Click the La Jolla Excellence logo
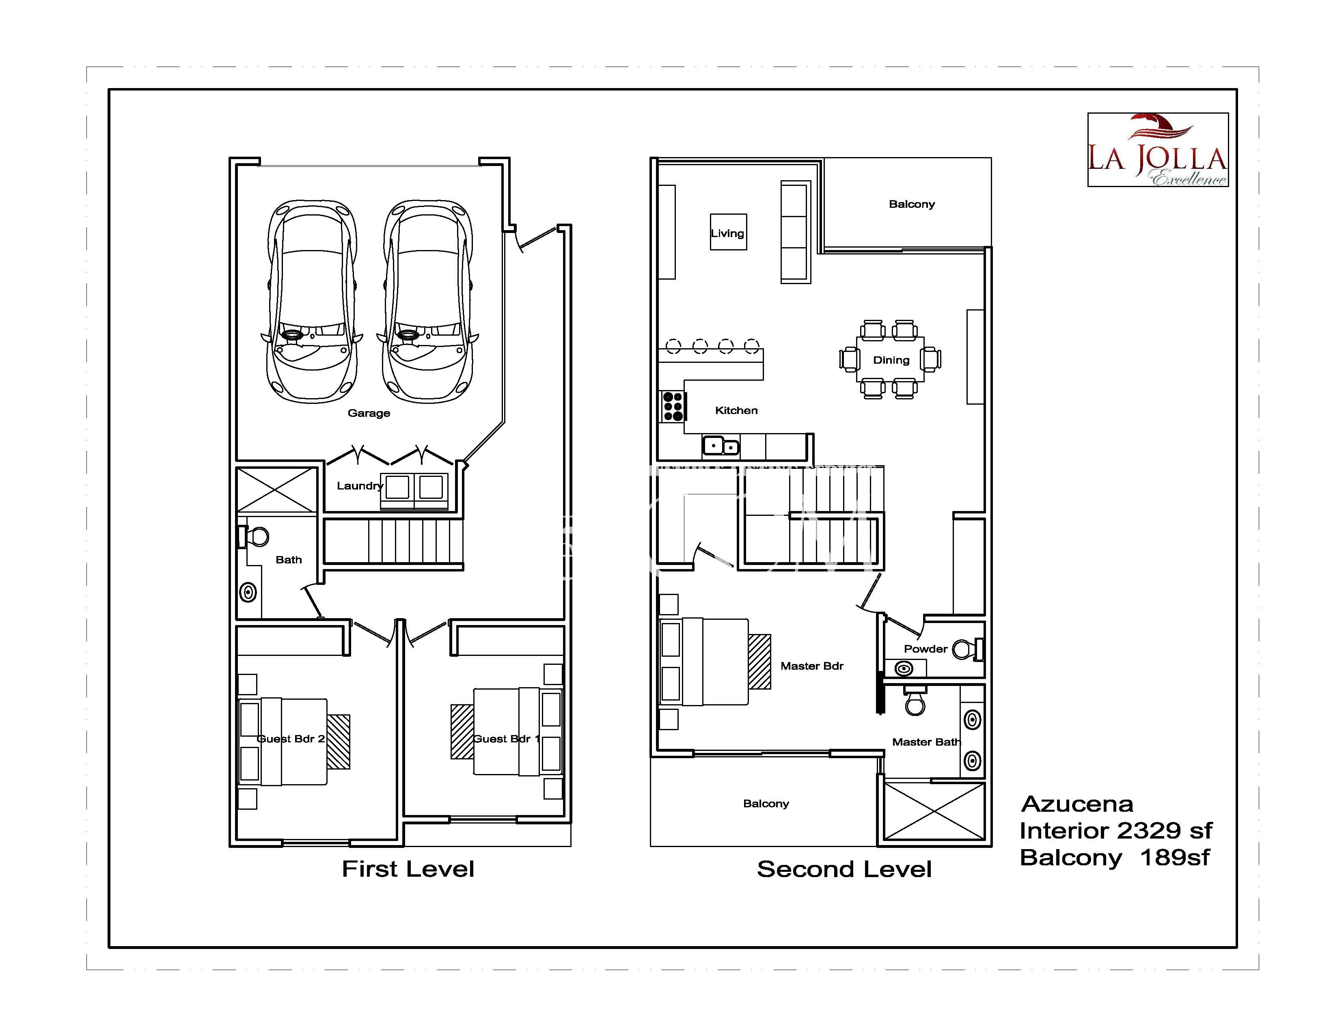click(x=1158, y=149)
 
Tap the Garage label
click(x=369, y=413)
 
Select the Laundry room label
click(x=360, y=485)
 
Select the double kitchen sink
click(x=721, y=445)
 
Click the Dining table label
click(x=891, y=360)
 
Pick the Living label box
click(x=729, y=232)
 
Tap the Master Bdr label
click(x=812, y=666)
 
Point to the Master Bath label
click(x=926, y=742)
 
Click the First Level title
click(x=408, y=869)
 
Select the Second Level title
click(x=844, y=869)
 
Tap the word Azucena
click(x=1077, y=804)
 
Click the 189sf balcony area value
click(x=1175, y=857)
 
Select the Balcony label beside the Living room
click(x=911, y=204)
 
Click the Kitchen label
click(x=736, y=410)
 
